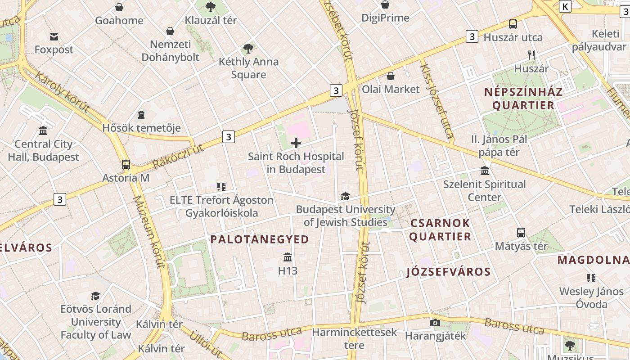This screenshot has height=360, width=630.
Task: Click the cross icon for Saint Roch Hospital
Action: (x=296, y=143)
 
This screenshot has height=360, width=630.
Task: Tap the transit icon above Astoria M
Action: (x=126, y=165)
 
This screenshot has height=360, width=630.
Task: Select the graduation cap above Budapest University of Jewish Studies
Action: (x=345, y=196)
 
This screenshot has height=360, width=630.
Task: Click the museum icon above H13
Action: (x=288, y=257)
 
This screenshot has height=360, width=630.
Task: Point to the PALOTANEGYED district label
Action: (x=260, y=239)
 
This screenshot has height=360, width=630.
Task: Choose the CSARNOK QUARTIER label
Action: (x=440, y=229)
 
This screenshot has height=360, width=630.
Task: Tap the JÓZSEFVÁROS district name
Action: (x=448, y=272)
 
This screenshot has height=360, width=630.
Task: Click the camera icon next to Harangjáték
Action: (x=435, y=323)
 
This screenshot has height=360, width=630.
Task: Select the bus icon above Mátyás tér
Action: (x=521, y=233)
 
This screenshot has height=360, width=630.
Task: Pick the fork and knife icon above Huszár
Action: (x=531, y=55)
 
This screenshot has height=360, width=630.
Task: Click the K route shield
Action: (x=565, y=6)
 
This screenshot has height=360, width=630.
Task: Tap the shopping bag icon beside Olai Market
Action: (x=391, y=76)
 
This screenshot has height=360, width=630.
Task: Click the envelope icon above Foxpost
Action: (x=54, y=36)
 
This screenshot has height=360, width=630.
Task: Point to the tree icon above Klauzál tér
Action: (x=210, y=7)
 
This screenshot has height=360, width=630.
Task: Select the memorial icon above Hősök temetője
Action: (x=141, y=115)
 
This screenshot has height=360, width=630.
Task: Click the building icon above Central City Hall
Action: (x=43, y=131)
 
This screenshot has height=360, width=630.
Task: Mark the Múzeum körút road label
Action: (x=148, y=232)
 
